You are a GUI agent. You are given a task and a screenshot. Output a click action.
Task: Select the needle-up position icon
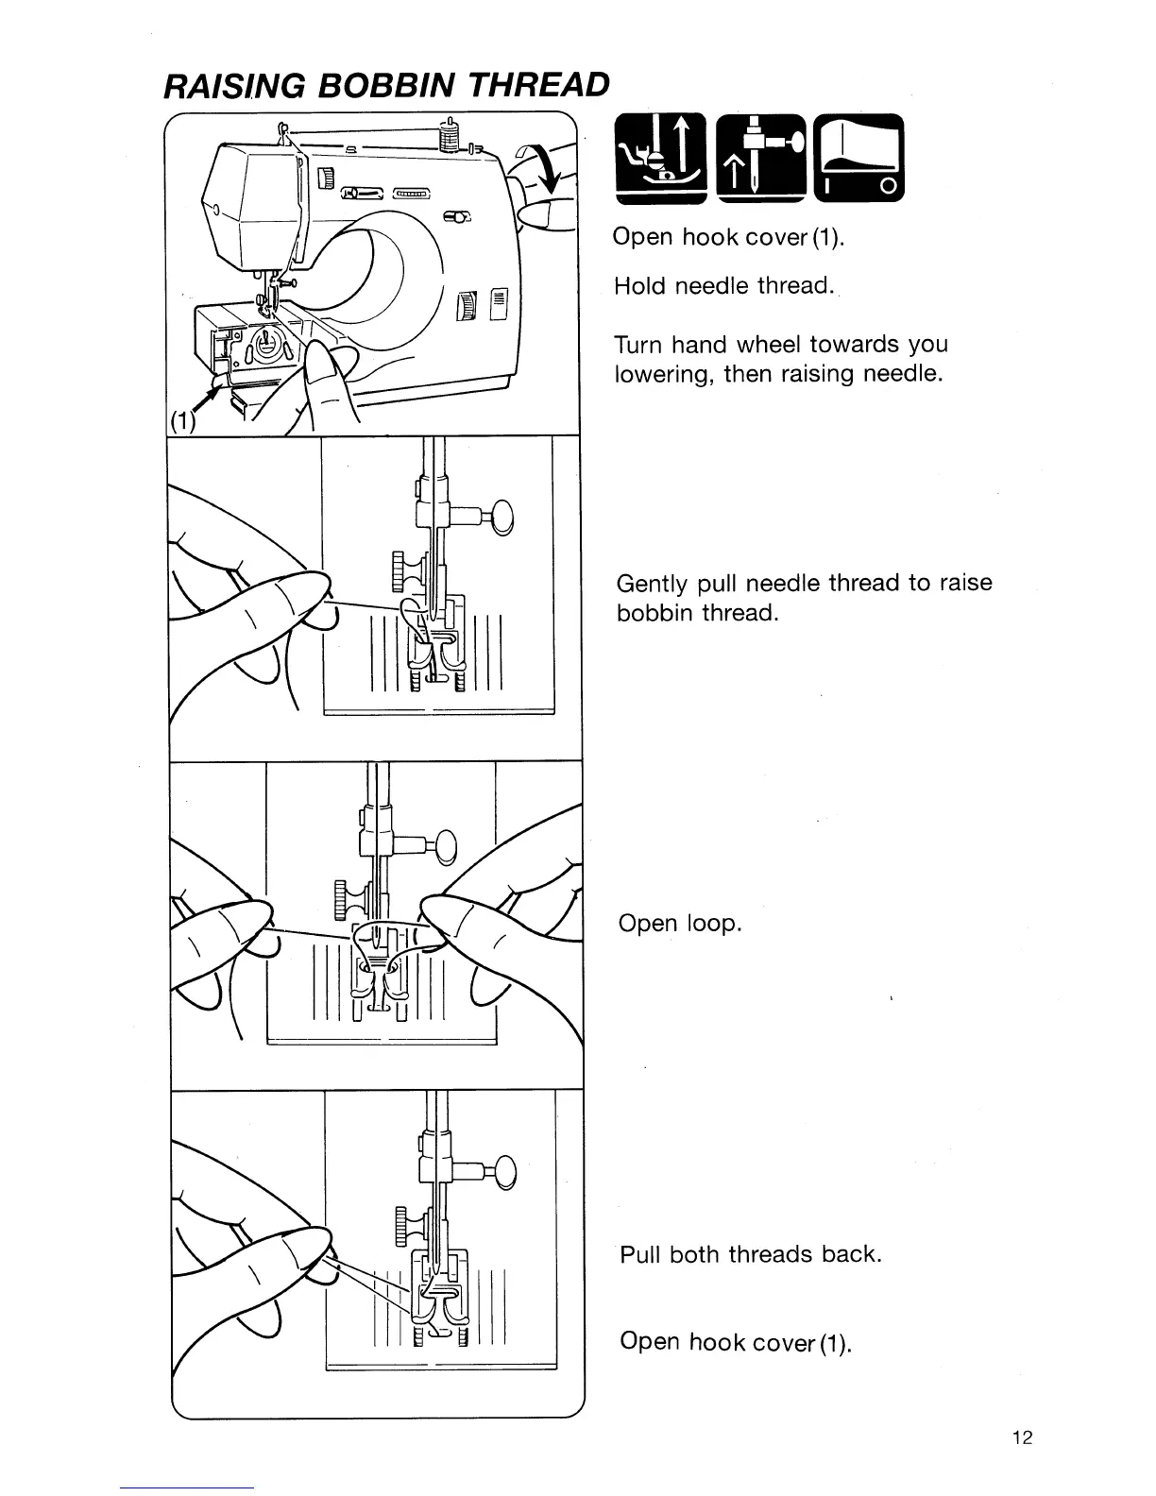point(759,158)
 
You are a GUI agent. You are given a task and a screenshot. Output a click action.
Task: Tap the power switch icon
point(858,158)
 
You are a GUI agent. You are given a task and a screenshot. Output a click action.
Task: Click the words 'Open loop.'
point(680,923)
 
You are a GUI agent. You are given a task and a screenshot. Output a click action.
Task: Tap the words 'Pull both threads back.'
point(750,1254)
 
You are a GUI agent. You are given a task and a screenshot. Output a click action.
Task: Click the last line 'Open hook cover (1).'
point(736,1341)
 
